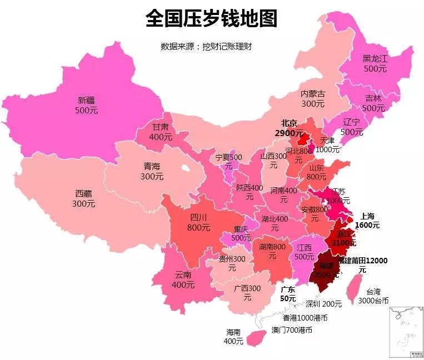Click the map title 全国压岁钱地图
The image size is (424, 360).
[211, 19]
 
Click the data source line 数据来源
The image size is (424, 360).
[206, 47]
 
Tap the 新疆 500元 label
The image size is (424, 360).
[86, 106]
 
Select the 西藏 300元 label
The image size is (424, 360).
[83, 199]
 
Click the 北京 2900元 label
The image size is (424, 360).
[289, 128]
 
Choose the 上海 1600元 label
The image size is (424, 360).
[368, 221]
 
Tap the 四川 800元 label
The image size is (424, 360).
[198, 222]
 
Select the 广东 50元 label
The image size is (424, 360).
[287, 294]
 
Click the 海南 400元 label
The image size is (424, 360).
[233, 337]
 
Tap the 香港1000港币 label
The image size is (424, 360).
[305, 318]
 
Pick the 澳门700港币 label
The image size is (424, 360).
[292, 330]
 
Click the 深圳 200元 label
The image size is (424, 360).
[324, 304]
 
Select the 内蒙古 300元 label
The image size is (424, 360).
[313, 99]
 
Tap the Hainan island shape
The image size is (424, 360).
[256, 336]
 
